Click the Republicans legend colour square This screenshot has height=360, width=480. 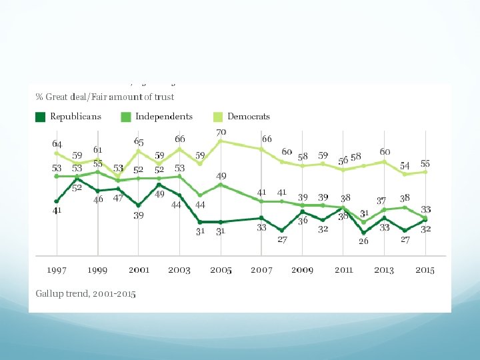coord(40,117)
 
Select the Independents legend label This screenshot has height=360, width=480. coord(164,117)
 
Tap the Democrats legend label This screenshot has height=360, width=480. coord(249,117)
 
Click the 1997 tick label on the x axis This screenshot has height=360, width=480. coord(57,270)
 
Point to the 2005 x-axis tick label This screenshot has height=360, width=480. coord(221,270)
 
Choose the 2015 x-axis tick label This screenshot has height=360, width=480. coord(425,270)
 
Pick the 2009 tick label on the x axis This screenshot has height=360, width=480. coord(303,270)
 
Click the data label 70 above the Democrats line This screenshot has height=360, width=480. coord(221,133)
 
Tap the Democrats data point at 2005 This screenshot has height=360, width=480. coord(221,141)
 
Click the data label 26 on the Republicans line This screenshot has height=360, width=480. coord(363,241)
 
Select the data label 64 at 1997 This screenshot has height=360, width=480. coord(57,143)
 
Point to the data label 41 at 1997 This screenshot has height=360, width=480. coord(57,211)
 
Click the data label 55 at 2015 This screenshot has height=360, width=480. coord(425,163)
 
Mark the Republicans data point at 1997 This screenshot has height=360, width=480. coord(57,201)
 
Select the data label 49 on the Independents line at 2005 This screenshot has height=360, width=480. coord(221,176)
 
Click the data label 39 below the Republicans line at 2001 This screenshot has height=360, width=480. coord(138,215)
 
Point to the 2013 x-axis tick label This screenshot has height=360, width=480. coord(384,270)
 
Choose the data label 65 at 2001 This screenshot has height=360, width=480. coord(139,142)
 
